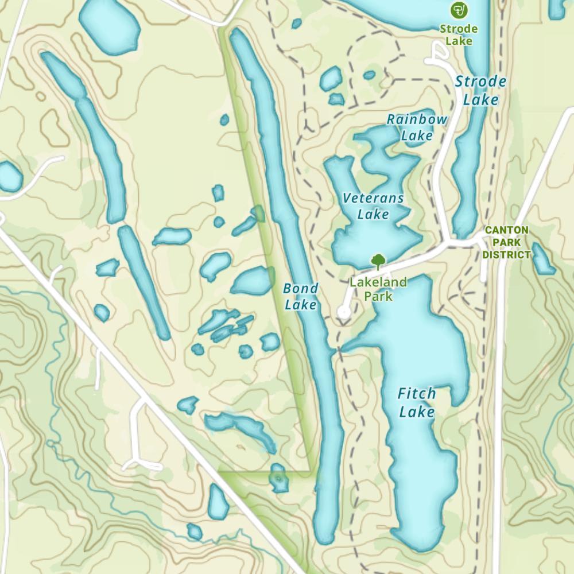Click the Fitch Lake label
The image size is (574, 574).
click(417, 403)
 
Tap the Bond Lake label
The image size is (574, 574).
click(300, 296)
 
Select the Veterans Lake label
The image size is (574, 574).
click(373, 206)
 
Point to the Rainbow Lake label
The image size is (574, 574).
click(417, 127)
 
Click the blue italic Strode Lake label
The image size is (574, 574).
click(480, 90)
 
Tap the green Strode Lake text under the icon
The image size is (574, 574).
click(459, 34)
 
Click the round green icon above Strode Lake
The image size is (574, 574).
click(458, 10)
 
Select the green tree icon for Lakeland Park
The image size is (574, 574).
click(378, 262)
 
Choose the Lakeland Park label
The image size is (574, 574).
click(378, 289)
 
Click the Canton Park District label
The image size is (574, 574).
click(506, 242)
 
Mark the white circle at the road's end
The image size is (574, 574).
click(344, 312)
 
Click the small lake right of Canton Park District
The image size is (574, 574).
click(542, 258)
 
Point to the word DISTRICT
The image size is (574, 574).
click(506, 254)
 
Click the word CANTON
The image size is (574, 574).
click(506, 230)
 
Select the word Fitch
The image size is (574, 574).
click(417, 394)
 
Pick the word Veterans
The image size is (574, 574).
click(373, 198)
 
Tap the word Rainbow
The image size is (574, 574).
click(417, 119)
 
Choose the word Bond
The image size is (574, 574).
click(300, 288)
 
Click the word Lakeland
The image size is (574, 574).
click(378, 282)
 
